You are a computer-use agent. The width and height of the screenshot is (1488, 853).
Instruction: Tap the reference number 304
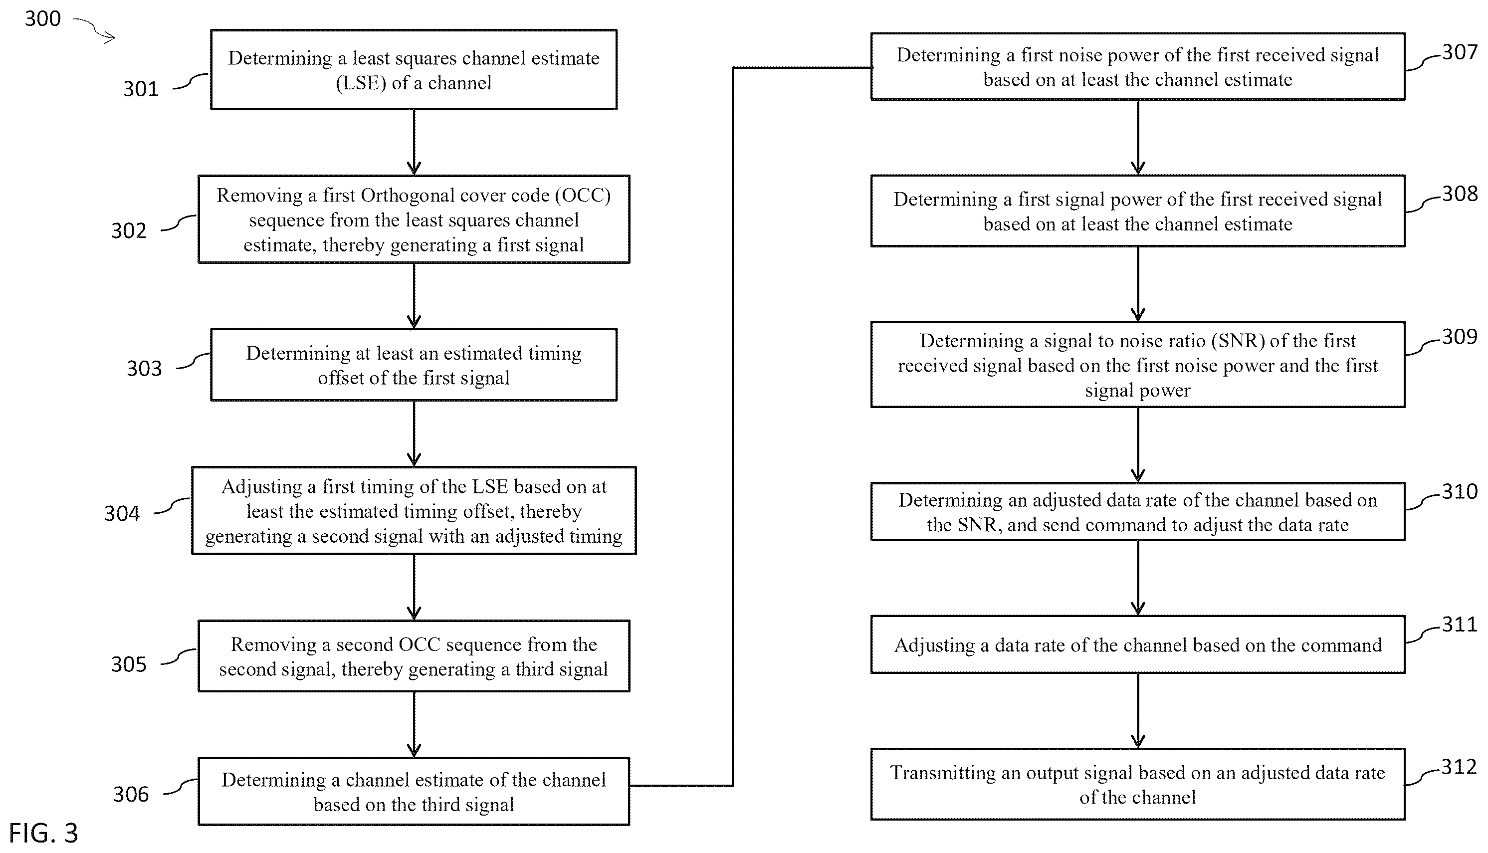[122, 514]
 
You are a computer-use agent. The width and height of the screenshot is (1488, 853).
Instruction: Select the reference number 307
[1459, 53]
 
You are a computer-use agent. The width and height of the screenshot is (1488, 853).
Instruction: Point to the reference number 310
[1459, 491]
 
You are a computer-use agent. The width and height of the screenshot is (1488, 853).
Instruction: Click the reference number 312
[1459, 767]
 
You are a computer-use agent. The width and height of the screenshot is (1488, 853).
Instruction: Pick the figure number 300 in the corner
[43, 19]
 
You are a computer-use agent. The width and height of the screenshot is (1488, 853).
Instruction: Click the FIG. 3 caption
[43, 833]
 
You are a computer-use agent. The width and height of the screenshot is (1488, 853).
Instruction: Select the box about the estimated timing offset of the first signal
[414, 365]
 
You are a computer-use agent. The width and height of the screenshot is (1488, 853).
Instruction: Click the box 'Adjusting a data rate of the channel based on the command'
[1138, 644]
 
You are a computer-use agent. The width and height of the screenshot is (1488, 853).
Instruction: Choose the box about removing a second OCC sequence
[414, 656]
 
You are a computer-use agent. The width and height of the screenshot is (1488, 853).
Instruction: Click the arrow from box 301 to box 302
[414, 142]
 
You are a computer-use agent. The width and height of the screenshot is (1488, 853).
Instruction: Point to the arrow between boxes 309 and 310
[1138, 444]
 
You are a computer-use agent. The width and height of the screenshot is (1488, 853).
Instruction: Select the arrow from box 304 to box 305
[414, 587]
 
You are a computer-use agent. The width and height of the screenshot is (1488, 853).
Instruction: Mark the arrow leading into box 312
[1138, 711]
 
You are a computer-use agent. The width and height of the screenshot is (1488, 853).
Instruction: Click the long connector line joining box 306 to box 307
[733, 426]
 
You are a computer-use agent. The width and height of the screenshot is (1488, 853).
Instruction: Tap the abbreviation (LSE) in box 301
[361, 83]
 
